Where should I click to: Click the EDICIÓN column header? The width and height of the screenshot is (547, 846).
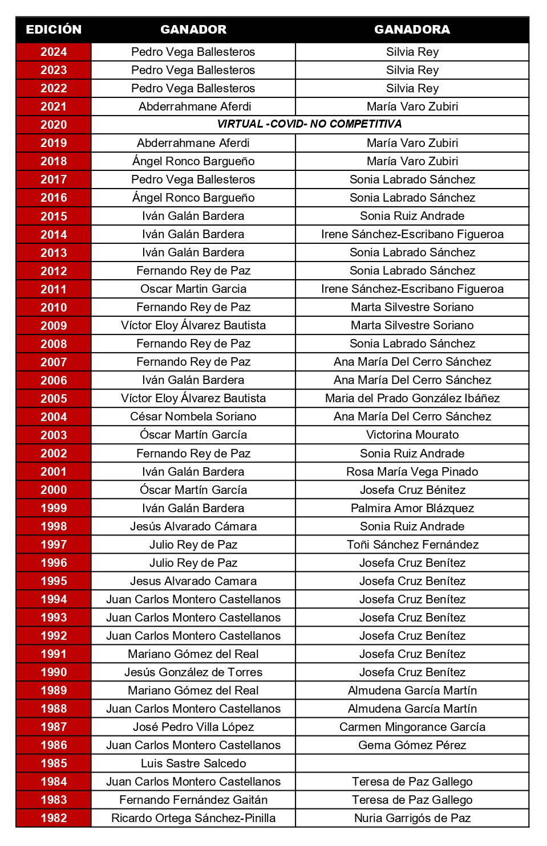coord(54,30)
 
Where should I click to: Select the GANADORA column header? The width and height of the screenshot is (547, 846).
coord(412,30)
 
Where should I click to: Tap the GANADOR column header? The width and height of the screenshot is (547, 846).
coord(193,30)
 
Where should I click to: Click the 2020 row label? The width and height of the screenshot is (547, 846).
coord(54,125)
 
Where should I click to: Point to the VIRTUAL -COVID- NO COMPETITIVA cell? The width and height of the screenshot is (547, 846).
coord(309,124)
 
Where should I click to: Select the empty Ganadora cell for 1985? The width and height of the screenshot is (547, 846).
coord(412,763)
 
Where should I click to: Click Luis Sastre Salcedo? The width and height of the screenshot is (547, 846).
coord(193,763)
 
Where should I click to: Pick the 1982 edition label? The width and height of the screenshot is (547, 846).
coord(54,818)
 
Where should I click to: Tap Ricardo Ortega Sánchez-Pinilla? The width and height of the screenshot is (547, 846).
coord(193,818)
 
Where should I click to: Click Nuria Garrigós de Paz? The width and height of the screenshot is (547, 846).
coord(412,818)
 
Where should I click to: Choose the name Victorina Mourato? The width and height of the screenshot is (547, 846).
coord(412,435)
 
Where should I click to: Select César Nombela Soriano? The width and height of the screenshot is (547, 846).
coord(193,416)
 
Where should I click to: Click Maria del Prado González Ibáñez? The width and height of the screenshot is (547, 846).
coord(412,398)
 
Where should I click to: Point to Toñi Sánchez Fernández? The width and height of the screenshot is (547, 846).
coord(412,545)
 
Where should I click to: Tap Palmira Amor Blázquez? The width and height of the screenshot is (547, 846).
coord(412,508)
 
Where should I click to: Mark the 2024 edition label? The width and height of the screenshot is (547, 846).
coord(54,52)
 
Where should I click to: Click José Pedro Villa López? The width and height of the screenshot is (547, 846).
coord(193,727)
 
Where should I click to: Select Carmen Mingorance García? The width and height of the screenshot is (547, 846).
coord(412,727)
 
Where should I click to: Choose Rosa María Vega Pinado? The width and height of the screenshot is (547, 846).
coord(412,472)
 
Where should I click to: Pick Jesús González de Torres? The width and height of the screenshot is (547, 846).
coord(193,672)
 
